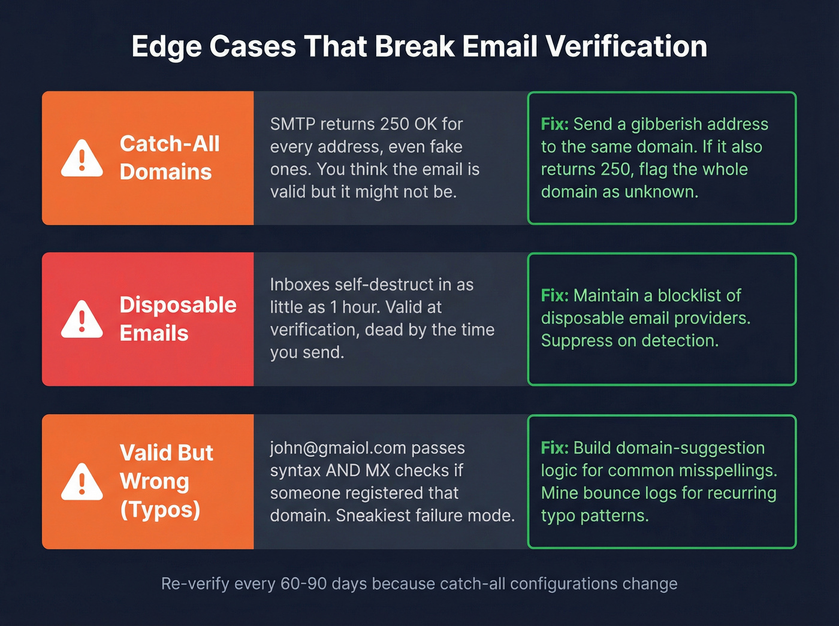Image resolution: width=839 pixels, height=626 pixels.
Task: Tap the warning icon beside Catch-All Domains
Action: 82,159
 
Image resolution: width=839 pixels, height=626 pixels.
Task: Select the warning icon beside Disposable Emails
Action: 82,320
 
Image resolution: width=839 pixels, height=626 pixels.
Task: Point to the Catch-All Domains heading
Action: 170,158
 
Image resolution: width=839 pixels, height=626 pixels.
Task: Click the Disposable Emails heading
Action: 177,319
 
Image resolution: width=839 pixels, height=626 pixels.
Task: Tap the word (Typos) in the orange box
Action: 160,510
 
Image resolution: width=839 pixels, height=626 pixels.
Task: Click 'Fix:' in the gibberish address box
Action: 554,124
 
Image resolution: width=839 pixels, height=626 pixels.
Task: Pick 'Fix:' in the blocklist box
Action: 554,295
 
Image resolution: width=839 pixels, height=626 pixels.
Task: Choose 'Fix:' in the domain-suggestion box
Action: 554,448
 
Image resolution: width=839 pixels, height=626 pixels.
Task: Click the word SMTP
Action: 292,124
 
